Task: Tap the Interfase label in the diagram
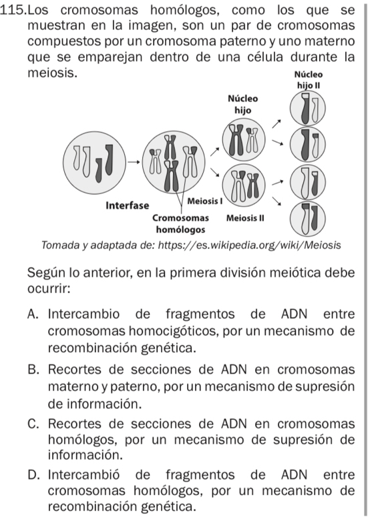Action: tap(129, 204)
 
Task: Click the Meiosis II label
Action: tap(246, 217)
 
